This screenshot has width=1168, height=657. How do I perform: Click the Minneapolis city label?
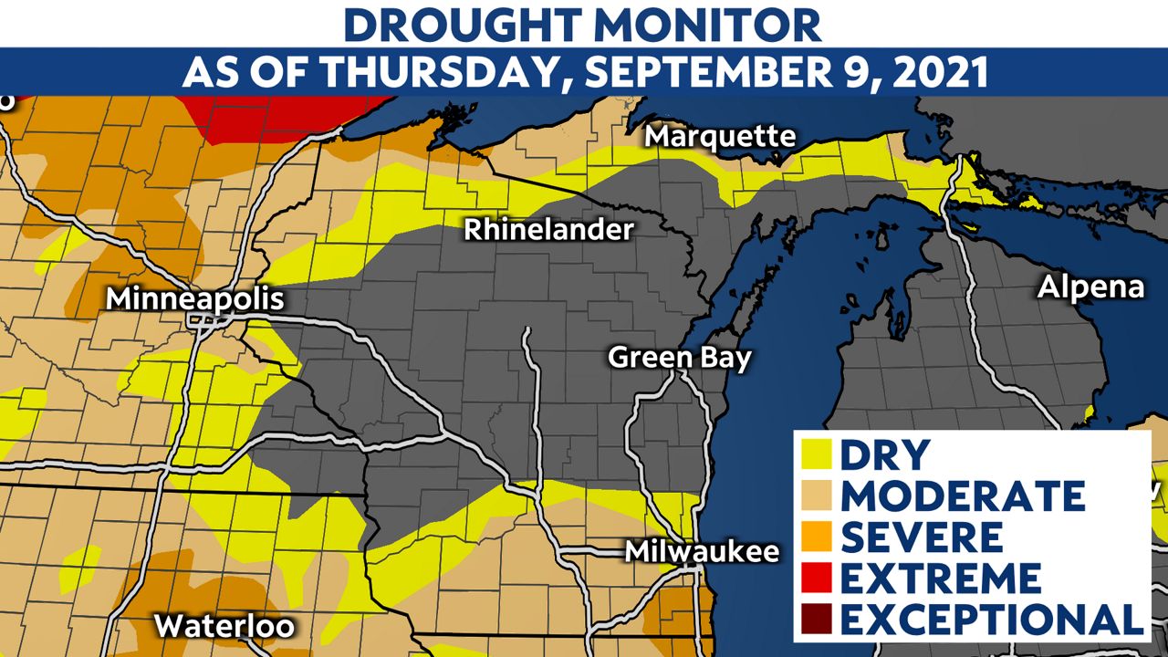pos(195,299)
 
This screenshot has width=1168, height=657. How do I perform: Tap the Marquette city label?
pos(721,137)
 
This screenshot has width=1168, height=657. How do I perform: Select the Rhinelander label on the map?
pos(547,229)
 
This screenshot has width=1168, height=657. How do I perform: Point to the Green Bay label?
pos(680,357)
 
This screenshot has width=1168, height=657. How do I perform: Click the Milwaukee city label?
pos(702,552)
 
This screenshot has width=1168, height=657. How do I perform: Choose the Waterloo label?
pos(224,627)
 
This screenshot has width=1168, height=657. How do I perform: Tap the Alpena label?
pos(1090,287)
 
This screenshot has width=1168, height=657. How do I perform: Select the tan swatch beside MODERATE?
pos(818,495)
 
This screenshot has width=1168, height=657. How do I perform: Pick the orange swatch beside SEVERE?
pos(818,537)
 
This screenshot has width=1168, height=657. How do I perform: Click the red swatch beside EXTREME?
pos(818,578)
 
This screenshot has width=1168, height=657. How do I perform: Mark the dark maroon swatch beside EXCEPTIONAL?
pos(818,619)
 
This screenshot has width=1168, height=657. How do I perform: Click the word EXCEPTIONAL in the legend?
pos(992,619)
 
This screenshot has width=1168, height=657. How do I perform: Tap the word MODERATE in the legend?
pos(963,495)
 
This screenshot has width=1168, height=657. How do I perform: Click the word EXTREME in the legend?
pos(940,578)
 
